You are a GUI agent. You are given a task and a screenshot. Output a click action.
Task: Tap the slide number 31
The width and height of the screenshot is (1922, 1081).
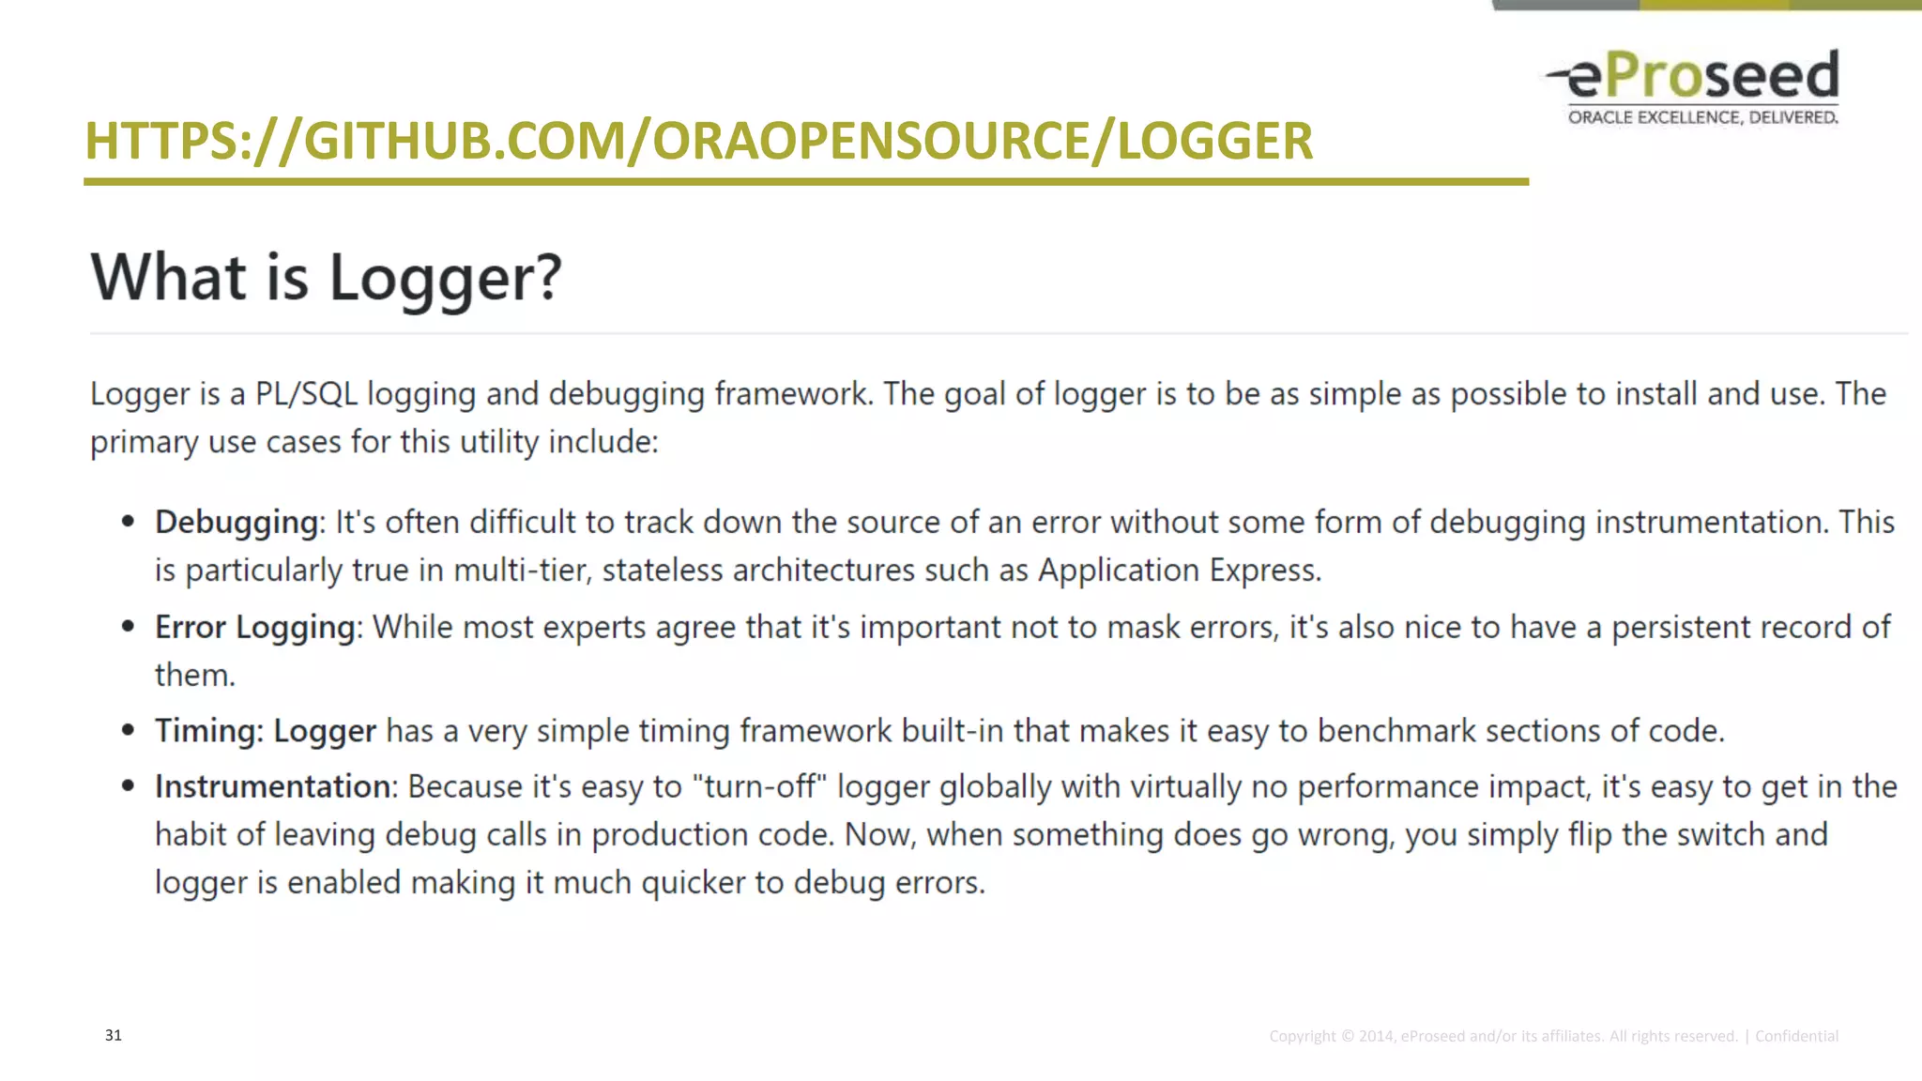tap(114, 1035)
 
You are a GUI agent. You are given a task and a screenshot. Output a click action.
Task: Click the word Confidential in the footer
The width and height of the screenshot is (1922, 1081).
tap(1796, 1036)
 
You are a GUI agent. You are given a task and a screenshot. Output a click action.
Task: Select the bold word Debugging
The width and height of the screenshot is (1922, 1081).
tap(236, 523)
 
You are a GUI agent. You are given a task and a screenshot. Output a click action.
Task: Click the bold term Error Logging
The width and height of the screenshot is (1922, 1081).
tap(255, 627)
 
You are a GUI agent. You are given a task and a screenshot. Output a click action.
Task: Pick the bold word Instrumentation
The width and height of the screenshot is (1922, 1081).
tap(272, 786)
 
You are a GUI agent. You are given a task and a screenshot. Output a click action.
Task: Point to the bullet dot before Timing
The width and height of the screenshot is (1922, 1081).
tap(129, 731)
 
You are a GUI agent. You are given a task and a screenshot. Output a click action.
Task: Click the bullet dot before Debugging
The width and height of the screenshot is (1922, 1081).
tap(129, 523)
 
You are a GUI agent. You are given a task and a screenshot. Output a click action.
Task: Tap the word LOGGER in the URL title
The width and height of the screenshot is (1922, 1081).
tap(1214, 141)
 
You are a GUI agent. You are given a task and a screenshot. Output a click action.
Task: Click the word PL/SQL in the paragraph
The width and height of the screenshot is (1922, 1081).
tap(307, 394)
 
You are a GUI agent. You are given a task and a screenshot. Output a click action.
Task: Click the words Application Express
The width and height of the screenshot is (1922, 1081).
tap(1179, 571)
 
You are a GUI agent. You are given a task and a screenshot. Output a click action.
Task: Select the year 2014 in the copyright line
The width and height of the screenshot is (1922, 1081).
tap(1376, 1036)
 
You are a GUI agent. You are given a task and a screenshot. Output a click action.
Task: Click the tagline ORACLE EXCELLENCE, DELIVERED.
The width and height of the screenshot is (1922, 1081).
tap(1702, 117)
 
